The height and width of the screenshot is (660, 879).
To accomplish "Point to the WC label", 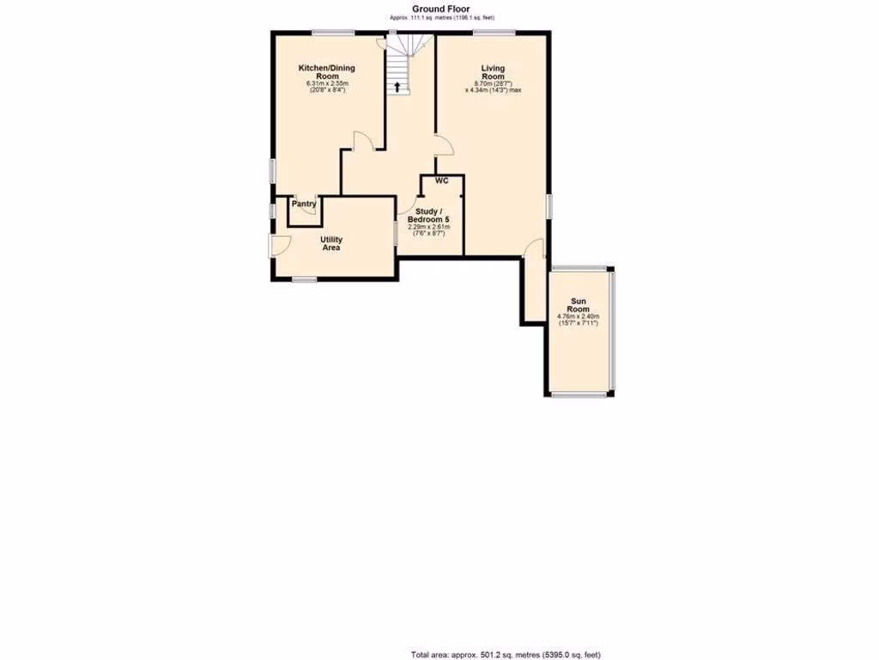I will [442, 181].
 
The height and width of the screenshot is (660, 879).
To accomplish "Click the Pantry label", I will [304, 204].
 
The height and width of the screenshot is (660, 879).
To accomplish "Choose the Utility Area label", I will [331, 243].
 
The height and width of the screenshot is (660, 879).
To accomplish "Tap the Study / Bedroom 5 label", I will [428, 215].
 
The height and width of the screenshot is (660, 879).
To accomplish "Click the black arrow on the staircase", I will [397, 86].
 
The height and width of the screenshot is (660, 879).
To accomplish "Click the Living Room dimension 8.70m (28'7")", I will [493, 83].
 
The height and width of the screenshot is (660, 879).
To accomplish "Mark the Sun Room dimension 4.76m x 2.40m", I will [578, 316].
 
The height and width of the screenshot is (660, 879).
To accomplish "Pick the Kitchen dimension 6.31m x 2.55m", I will [326, 83].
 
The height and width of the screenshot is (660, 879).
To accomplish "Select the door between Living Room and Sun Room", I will [536, 248].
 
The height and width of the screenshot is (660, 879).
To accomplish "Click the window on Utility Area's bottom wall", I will [305, 279].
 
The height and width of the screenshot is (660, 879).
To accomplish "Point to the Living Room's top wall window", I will [494, 33].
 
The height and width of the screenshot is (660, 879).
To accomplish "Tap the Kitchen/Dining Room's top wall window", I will [333, 33].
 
